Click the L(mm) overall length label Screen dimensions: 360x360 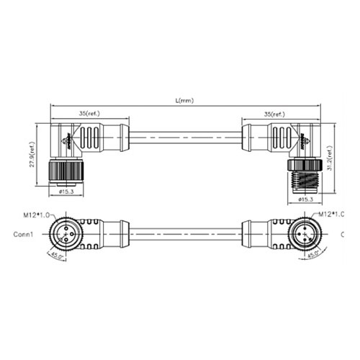coord(184,101)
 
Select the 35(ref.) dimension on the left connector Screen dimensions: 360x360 coord(90,114)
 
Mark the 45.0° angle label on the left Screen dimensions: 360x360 coord(55,253)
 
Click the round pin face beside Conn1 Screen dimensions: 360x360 coord(62,234)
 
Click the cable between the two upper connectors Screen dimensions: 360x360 coord(184,135)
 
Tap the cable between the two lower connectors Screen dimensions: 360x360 coord(184,234)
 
